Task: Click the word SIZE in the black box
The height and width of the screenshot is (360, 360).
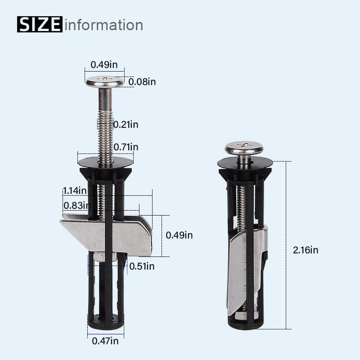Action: tap(40, 24)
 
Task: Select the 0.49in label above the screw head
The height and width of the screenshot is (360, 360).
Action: tap(104, 64)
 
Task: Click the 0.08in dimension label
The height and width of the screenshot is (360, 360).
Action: tap(142, 82)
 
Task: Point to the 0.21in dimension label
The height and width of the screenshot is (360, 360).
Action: tap(126, 124)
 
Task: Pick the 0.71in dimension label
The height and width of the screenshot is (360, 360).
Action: tap(126, 147)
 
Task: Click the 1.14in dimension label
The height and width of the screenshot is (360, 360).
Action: tap(75, 190)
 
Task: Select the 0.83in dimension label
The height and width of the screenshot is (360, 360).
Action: tap(75, 206)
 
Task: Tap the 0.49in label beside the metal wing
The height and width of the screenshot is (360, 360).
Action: tap(179, 235)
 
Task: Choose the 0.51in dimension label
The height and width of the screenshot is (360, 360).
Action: tap(142, 266)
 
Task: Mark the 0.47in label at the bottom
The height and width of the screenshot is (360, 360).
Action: tap(105, 341)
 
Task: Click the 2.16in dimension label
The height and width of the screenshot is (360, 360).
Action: tap(305, 250)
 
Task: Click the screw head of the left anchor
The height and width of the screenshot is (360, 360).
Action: tap(105, 82)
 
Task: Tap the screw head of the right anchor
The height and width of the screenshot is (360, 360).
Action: tap(244, 148)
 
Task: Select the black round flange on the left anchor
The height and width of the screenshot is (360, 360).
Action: tap(105, 161)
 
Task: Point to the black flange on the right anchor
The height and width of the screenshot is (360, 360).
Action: tap(245, 163)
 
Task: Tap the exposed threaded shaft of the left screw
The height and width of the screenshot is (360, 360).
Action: tap(105, 130)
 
